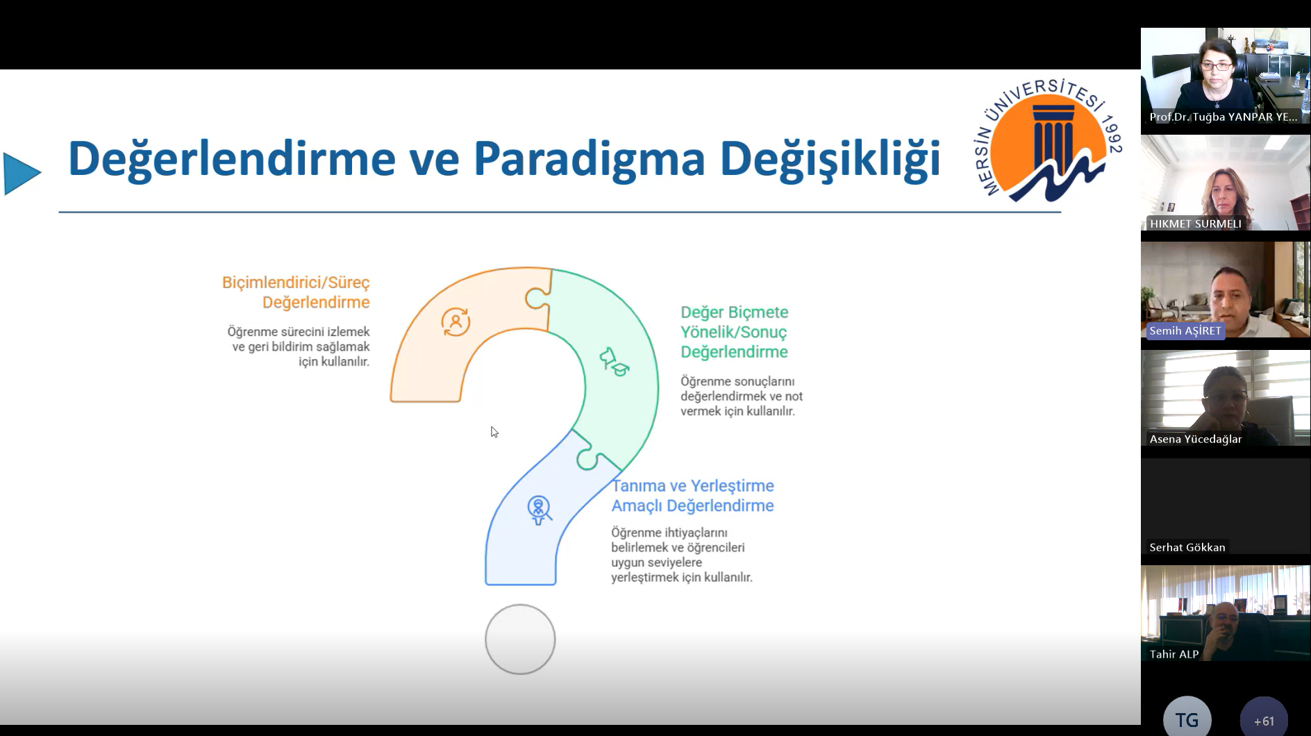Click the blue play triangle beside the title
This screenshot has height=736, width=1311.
coord(22,174)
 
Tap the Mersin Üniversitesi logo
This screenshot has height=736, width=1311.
coord(1048,140)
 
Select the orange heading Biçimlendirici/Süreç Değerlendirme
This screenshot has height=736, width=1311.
coord(296,292)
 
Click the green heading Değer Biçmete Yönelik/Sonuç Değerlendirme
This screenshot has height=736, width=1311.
coord(734,332)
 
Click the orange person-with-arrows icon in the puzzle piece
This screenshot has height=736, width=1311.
coord(456,322)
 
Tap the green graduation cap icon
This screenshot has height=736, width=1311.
coord(614,362)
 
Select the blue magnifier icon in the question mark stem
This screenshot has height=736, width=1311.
coord(539,510)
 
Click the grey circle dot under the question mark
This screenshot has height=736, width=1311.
coord(520,639)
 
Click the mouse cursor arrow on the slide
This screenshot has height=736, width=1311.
coord(494,432)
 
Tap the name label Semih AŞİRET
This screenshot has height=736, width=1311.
coord(1185,331)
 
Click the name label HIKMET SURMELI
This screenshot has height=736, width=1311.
coord(1195,224)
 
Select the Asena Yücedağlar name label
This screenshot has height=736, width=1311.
coord(1195,439)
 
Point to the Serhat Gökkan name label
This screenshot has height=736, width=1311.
coord(1187,547)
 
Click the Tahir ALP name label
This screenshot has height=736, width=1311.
coord(1174,654)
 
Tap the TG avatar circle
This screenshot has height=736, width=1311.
coord(1187,717)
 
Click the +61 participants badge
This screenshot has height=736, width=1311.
coord(1264,717)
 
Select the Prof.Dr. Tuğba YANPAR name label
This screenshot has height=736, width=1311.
coord(1223,117)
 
